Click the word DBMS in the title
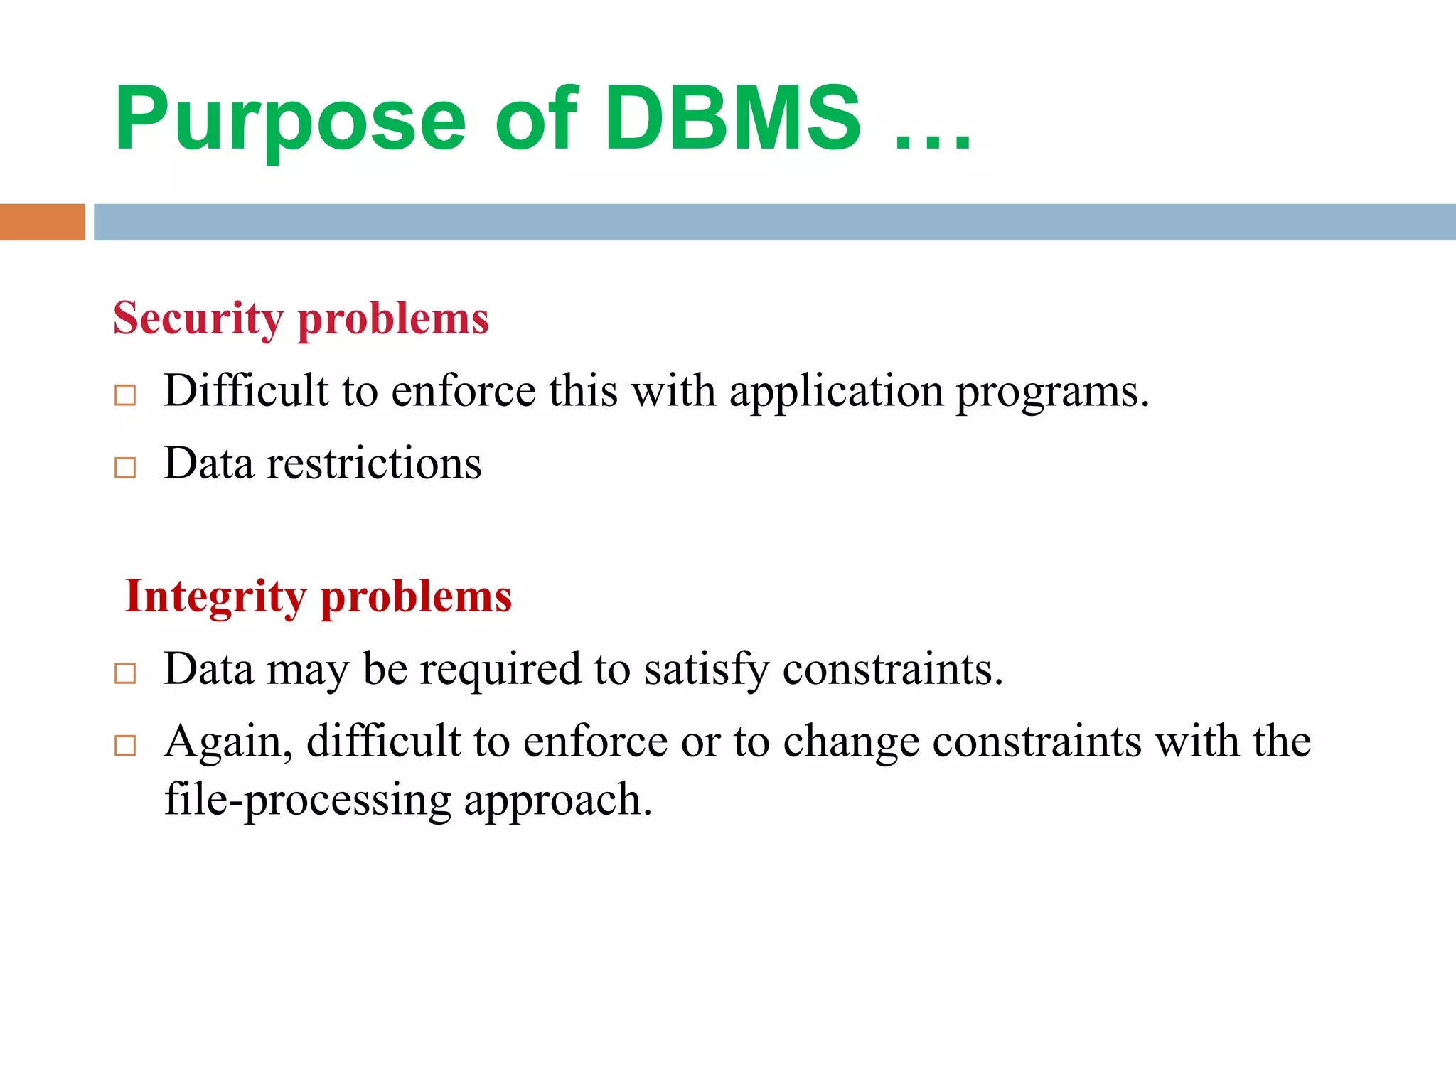coord(732,119)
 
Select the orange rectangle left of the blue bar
coord(42,222)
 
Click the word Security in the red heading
coord(198,319)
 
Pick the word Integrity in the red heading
coord(215,597)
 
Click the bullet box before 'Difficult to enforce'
coord(125,395)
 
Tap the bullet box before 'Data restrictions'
coord(125,467)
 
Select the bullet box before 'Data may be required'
coord(125,673)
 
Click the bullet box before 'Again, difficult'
coord(125,745)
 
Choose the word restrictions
coord(374,464)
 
